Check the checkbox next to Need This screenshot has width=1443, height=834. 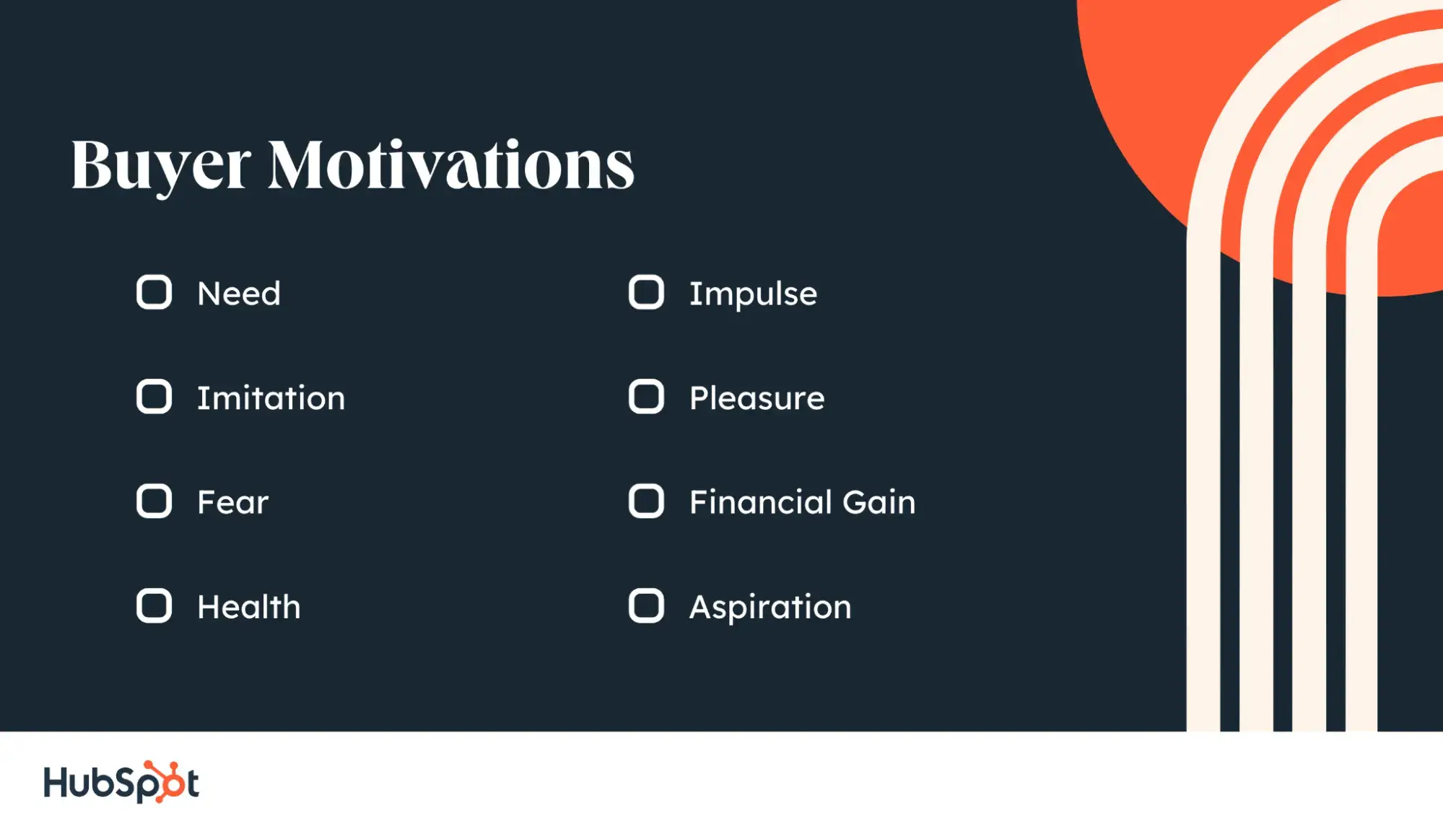click(x=154, y=292)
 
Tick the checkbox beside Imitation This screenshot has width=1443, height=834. click(x=154, y=397)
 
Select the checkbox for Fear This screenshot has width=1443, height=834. click(x=154, y=501)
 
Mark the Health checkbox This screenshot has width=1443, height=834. click(x=154, y=606)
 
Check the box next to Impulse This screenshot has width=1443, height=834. click(x=646, y=292)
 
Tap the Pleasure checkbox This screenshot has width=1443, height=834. click(x=646, y=397)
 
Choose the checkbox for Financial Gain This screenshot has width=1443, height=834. click(x=646, y=501)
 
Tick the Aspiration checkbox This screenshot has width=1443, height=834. click(x=646, y=606)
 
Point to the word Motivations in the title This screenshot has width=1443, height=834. click(x=451, y=164)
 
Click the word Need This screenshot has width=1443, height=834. click(x=239, y=294)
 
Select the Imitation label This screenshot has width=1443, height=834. click(x=271, y=398)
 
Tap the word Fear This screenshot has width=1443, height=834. click(x=233, y=502)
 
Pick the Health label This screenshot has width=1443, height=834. click(x=249, y=607)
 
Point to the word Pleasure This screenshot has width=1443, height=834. click(x=757, y=398)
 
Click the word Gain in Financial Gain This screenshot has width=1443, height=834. click(x=879, y=502)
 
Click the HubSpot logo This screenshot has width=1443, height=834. click(x=121, y=782)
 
